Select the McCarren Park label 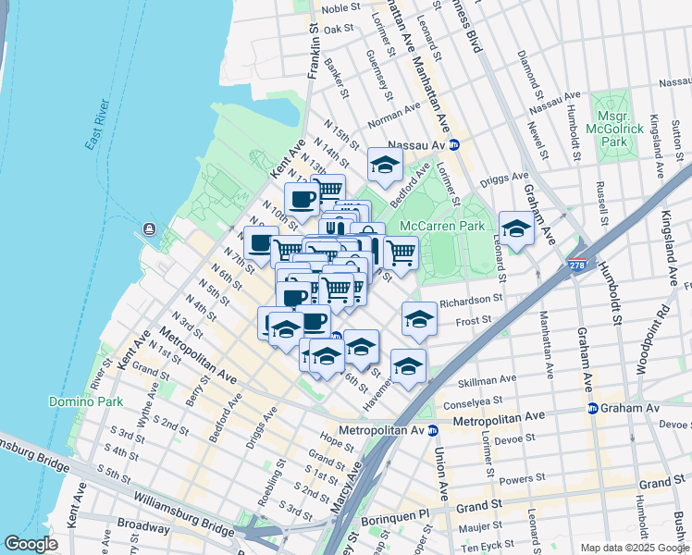click(x=442, y=226)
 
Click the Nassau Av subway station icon click(x=454, y=145)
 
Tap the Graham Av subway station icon click(x=591, y=408)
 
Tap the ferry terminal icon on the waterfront click(x=148, y=229)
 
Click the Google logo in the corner click(x=31, y=544)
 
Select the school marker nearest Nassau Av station click(x=385, y=166)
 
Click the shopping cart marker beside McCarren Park click(x=400, y=251)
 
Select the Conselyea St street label click(x=472, y=401)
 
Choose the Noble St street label click(x=340, y=8)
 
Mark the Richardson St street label click(x=471, y=300)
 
